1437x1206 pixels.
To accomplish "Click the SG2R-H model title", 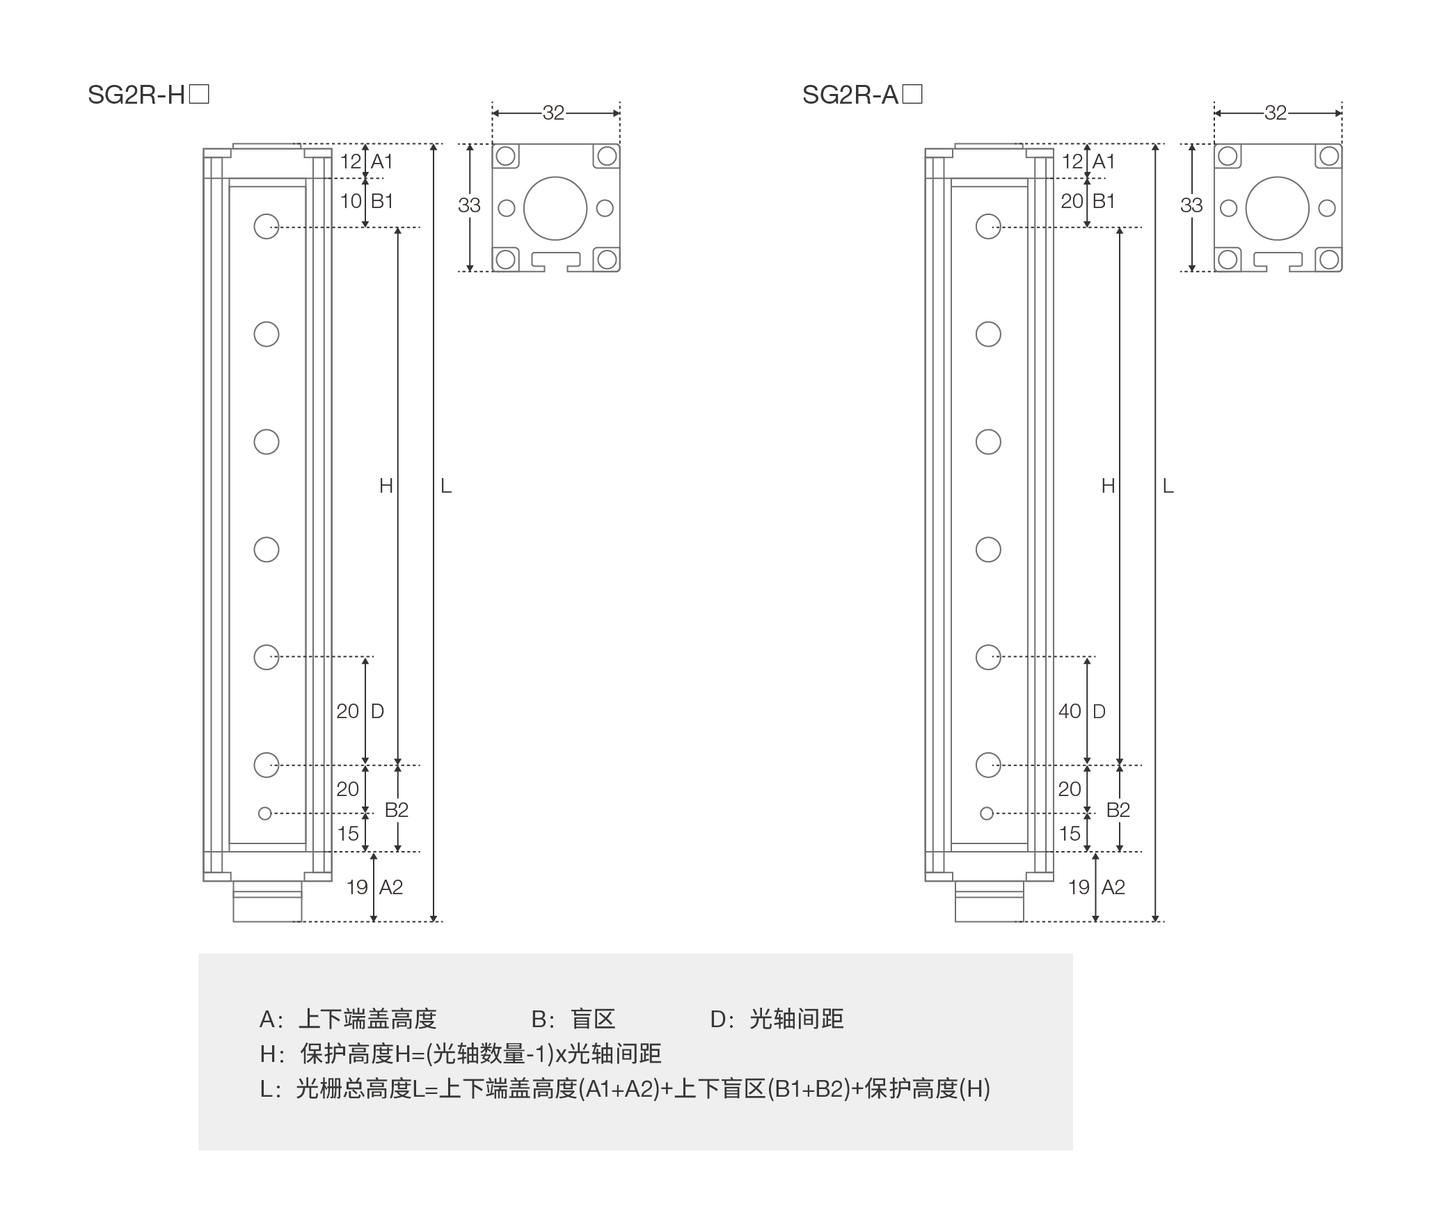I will click(x=148, y=95).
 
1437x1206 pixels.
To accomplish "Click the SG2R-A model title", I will click(x=862, y=95).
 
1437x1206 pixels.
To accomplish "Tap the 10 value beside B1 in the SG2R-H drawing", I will click(x=351, y=201).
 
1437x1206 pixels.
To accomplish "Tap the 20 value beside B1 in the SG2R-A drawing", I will click(x=1072, y=201).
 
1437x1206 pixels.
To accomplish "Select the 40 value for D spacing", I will click(x=1070, y=711).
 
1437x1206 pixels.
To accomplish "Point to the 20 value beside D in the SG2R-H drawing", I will click(x=348, y=711).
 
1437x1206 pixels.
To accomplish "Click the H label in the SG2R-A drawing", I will click(x=1108, y=486).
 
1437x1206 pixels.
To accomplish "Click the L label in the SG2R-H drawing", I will click(x=446, y=486).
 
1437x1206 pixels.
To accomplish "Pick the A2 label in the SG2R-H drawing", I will click(x=391, y=887).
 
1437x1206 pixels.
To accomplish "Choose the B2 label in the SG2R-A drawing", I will click(x=1118, y=810).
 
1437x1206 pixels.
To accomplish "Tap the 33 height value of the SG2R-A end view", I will click(x=1191, y=205).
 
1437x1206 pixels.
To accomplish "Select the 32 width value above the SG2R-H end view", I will click(x=553, y=113).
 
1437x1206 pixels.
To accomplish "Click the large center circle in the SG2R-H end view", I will click(x=555, y=208).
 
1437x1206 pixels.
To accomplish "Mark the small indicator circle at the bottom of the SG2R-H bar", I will click(x=264, y=813).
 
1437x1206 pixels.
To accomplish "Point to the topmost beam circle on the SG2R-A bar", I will click(x=988, y=226).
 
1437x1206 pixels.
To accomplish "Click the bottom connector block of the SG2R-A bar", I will click(x=989, y=902).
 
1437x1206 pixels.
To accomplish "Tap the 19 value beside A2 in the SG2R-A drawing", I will click(x=1079, y=887).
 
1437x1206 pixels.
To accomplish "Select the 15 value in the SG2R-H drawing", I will click(x=348, y=834).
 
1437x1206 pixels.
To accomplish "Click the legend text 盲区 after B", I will click(x=593, y=1019).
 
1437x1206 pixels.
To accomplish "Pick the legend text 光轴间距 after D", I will click(x=796, y=1019).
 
